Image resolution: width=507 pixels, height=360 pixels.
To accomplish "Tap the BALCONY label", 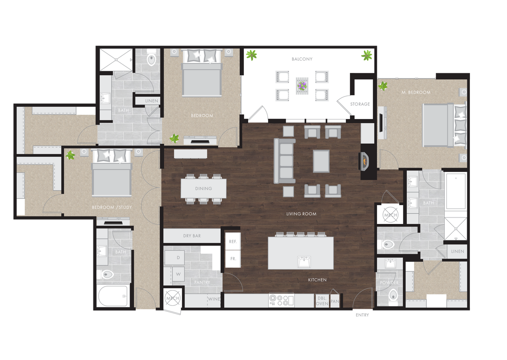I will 302,59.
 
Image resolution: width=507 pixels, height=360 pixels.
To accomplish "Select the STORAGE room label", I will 360,104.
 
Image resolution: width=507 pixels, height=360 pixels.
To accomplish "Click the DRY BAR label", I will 192,236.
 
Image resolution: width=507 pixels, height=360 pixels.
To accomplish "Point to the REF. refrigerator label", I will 233,241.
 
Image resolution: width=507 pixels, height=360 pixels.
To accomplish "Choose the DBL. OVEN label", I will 322,301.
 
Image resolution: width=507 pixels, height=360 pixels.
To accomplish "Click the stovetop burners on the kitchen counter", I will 281,301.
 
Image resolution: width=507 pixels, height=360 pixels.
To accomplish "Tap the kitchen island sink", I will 304,262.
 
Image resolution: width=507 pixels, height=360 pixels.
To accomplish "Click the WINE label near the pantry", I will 214,299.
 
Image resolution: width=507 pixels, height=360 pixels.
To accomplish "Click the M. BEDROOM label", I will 416,92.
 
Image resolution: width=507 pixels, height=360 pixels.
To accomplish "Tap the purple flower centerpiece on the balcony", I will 302,86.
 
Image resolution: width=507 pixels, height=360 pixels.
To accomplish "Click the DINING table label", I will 203,188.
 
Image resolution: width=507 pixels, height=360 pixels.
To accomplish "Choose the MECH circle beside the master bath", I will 390,215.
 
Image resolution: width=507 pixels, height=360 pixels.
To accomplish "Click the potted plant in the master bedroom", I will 383,86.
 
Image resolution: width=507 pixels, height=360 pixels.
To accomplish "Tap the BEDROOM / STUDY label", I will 112,207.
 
